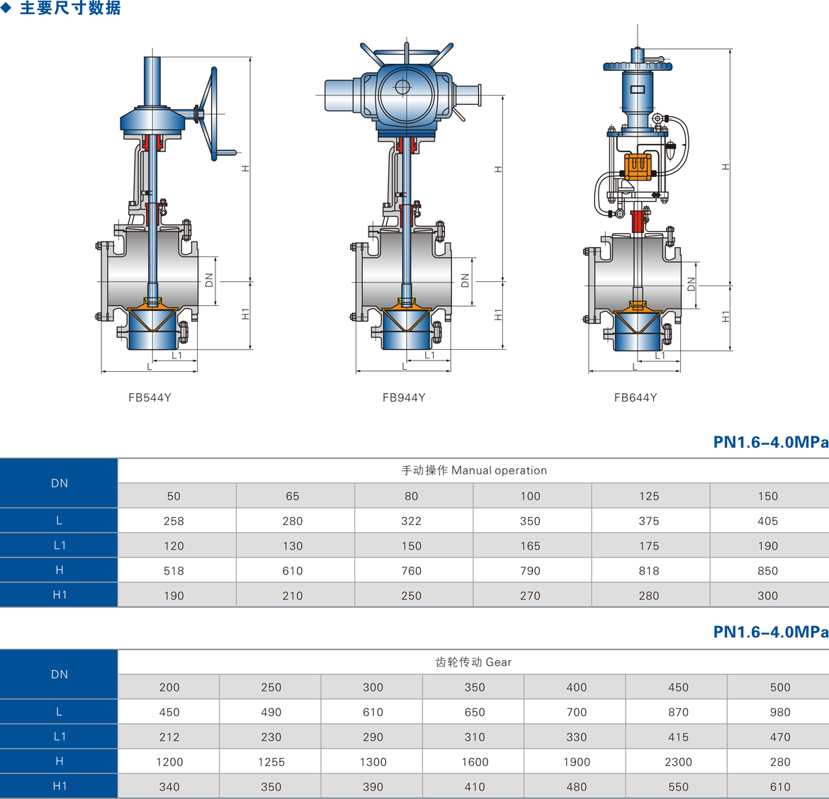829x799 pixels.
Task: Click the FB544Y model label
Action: click(x=150, y=397)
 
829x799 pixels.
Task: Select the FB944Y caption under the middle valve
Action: click(x=404, y=397)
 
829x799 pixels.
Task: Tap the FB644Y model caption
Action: click(x=636, y=397)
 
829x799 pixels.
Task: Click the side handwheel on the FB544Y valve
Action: click(x=210, y=114)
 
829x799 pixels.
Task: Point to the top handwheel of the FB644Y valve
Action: click(x=637, y=67)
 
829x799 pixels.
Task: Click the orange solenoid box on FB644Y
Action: click(x=638, y=166)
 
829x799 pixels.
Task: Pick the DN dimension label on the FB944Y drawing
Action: click(x=465, y=280)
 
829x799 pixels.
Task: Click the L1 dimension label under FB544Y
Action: click(x=177, y=356)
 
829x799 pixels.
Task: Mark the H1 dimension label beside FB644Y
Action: click(x=726, y=317)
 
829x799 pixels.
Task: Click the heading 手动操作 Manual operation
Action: click(x=474, y=470)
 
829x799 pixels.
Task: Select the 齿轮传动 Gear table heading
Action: click(x=473, y=662)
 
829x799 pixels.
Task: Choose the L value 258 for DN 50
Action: click(x=174, y=521)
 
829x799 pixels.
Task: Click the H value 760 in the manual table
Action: click(x=411, y=570)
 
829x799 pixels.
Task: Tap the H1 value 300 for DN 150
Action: click(x=767, y=596)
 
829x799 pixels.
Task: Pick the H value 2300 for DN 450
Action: click(x=678, y=761)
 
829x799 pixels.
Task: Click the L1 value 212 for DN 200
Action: click(x=169, y=737)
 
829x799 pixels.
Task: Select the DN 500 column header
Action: click(x=779, y=687)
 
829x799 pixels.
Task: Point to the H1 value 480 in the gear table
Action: click(x=576, y=786)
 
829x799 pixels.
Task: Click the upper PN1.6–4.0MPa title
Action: click(x=770, y=442)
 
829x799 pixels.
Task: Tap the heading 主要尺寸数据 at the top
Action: click(x=69, y=8)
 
